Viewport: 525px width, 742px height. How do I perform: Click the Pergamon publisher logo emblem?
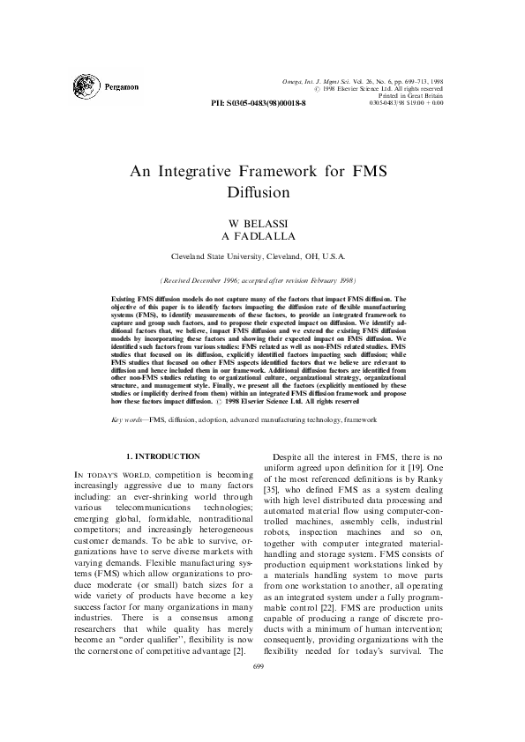[x=88, y=86]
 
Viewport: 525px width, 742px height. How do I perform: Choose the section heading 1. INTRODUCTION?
[x=164, y=456]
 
